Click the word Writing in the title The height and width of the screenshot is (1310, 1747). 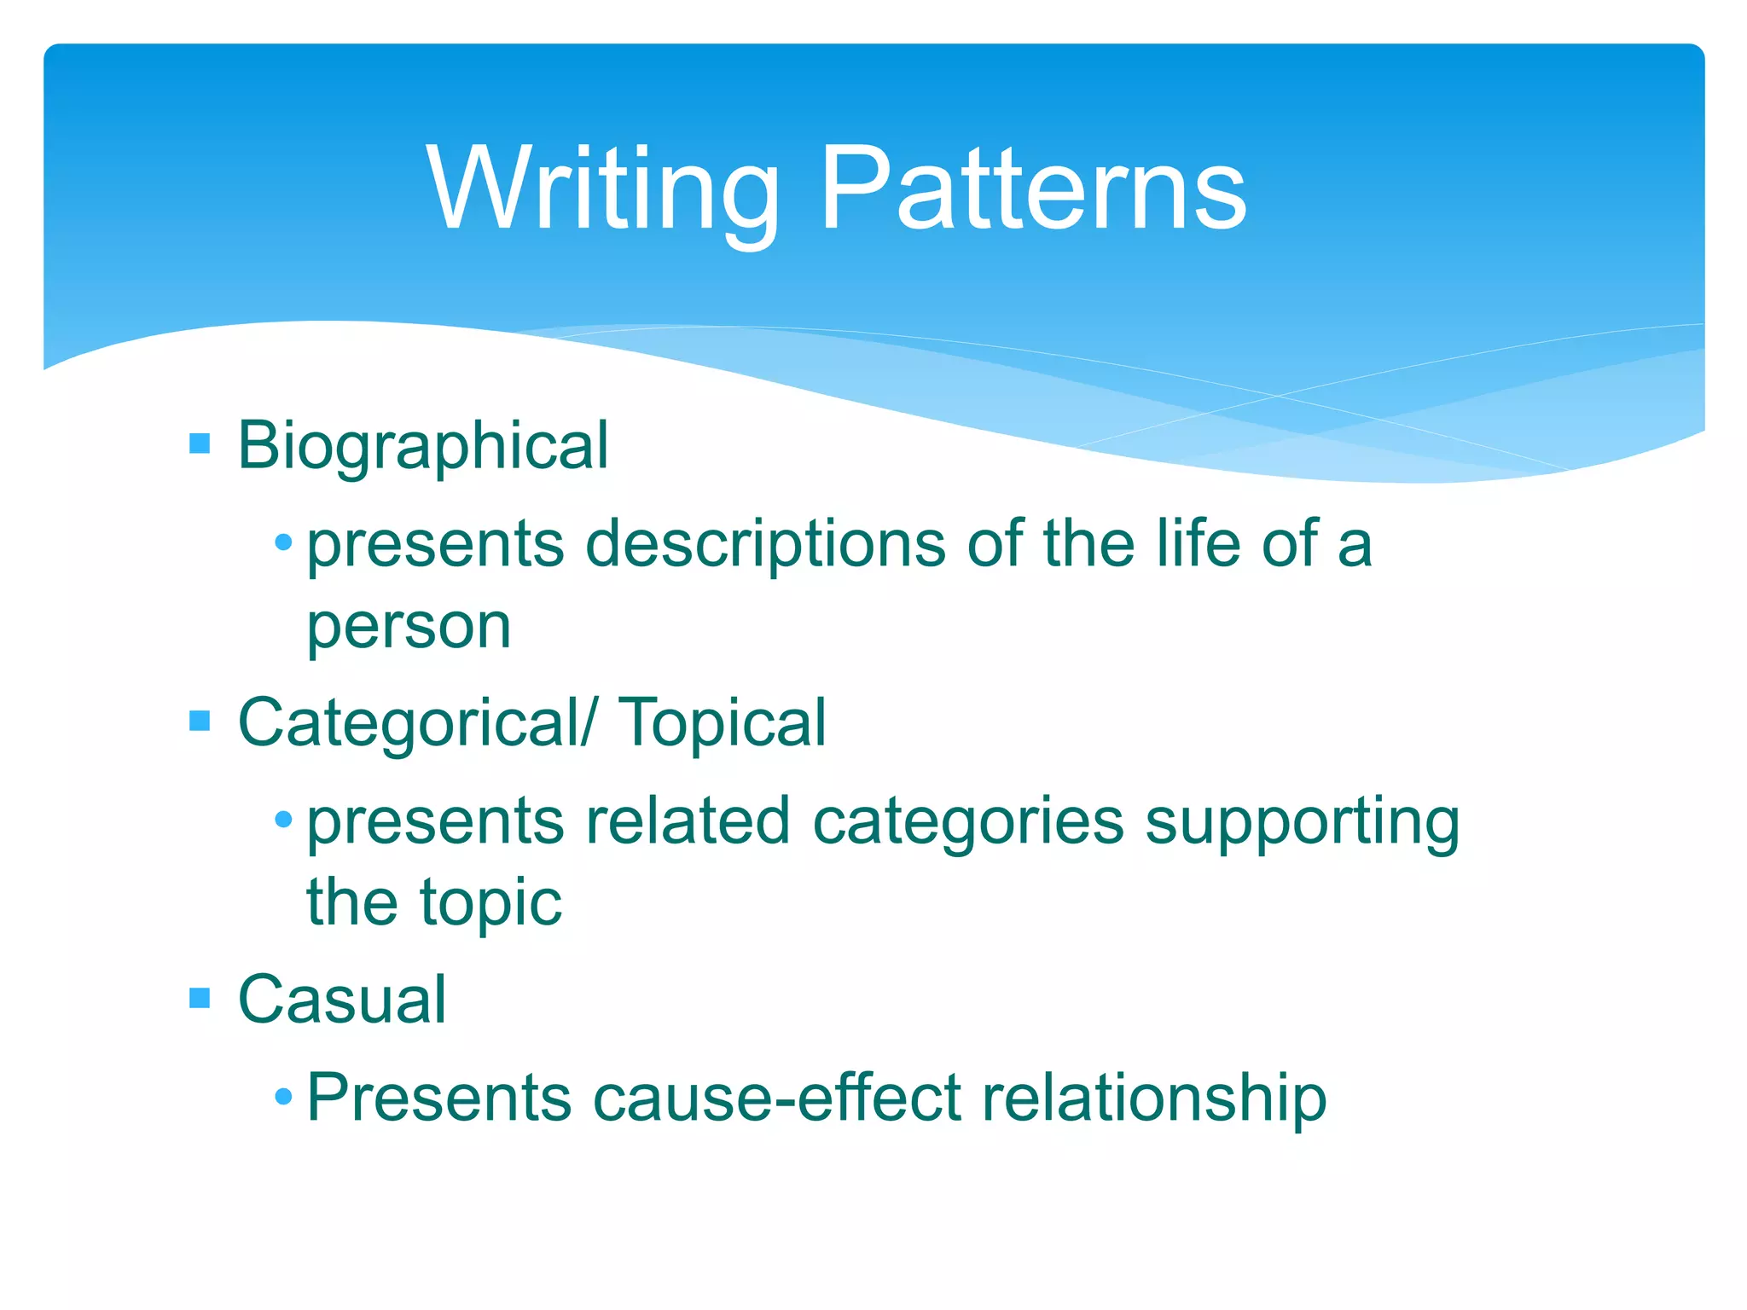[602, 189]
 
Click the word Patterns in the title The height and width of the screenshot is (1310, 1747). [1033, 189]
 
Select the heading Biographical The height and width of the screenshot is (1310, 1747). [423, 446]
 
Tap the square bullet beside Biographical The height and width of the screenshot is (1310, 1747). [200, 443]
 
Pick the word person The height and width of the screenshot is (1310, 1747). [409, 627]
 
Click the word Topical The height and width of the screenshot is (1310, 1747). [722, 723]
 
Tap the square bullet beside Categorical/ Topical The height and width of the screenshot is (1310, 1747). [200, 722]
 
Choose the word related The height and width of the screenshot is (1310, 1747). [688, 820]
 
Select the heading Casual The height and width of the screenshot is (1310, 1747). [342, 1000]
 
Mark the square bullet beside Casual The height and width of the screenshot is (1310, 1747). [200, 998]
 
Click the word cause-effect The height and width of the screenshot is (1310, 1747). [777, 1098]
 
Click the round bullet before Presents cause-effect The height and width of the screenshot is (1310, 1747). [284, 1097]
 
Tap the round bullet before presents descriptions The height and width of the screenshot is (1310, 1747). [284, 542]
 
